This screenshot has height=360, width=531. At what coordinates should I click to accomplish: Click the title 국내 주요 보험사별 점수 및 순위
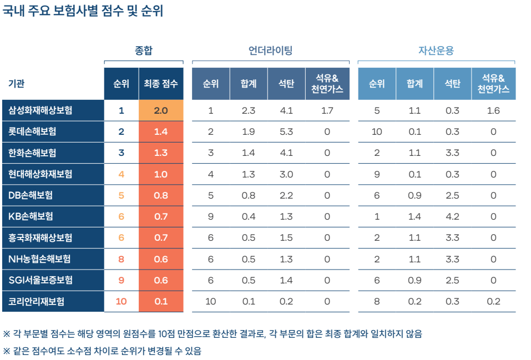pyautogui.click(x=83, y=12)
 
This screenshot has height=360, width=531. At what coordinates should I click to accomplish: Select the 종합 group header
pyautogui.click(x=144, y=50)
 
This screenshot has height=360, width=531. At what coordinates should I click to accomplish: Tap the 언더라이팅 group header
pyautogui.click(x=270, y=50)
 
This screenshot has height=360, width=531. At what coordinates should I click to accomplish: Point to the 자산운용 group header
pyautogui.click(x=436, y=50)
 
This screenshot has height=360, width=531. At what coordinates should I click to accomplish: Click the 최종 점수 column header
pyautogui.click(x=161, y=84)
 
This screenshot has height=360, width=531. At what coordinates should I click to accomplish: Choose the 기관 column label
pyautogui.click(x=16, y=84)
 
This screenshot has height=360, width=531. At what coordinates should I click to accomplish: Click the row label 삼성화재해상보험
pyautogui.click(x=41, y=110)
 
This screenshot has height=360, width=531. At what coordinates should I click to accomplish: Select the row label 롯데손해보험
pyautogui.click(x=32, y=131)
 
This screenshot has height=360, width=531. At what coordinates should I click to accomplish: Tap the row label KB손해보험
pyautogui.click(x=31, y=216)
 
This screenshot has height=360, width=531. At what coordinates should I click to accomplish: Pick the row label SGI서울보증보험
pyautogui.click(x=41, y=280)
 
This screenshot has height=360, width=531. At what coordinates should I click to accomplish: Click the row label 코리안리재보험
pyautogui.click(x=37, y=301)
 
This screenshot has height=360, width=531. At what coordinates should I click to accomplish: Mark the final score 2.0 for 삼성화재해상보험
pyautogui.click(x=161, y=110)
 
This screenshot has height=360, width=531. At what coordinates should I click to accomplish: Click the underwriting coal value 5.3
pyautogui.click(x=286, y=131)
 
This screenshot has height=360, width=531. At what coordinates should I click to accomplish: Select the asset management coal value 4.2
pyautogui.click(x=453, y=216)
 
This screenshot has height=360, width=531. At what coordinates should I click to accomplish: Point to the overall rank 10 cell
pyautogui.click(x=122, y=301)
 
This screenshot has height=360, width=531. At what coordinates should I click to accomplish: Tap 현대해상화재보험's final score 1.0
pyautogui.click(x=161, y=174)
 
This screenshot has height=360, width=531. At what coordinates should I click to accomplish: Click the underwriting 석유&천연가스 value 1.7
pyautogui.click(x=327, y=110)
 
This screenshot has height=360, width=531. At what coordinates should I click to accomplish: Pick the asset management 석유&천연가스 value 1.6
pyautogui.click(x=493, y=110)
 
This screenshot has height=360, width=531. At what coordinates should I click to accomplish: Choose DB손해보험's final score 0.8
pyautogui.click(x=161, y=195)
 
